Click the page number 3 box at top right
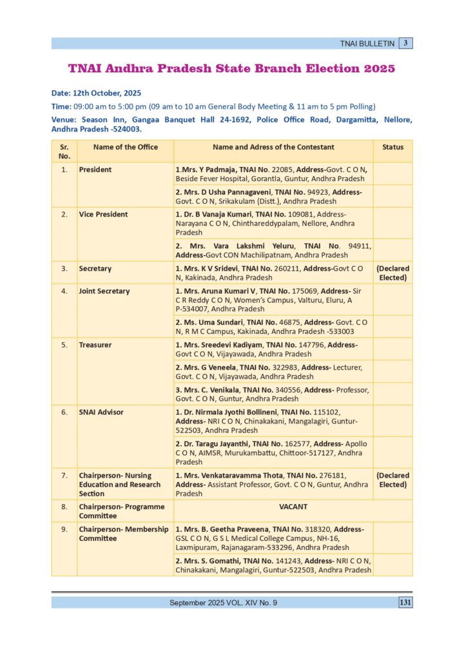pyautogui.click(x=405, y=43)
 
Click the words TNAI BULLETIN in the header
pyautogui.click(x=367, y=44)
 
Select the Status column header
pyautogui.click(x=392, y=147)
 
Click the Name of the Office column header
pyautogui.click(x=125, y=147)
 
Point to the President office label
pyautogui.click(x=95, y=170)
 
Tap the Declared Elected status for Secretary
pyautogui.click(x=392, y=273)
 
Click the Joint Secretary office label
pyautogui.click(x=104, y=291)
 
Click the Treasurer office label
pyautogui.click(x=95, y=345)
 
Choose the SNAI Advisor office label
pyautogui.click(x=101, y=412)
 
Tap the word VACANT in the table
pyautogui.click(x=293, y=507)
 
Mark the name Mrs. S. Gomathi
pyautogui.click(x=213, y=561)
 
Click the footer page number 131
pyautogui.click(x=405, y=603)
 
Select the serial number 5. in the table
pyautogui.click(x=64, y=345)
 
